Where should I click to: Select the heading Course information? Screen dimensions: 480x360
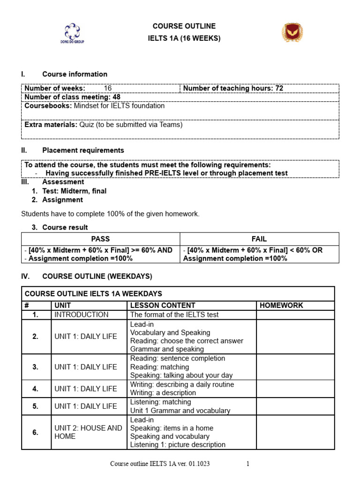75,74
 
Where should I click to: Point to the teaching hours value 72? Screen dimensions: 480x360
279,88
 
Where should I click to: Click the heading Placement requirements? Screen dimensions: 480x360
83,150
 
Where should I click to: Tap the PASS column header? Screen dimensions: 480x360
100,239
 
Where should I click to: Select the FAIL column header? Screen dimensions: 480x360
259,239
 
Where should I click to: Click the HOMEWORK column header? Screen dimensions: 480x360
281,305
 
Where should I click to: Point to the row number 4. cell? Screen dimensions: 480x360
36,389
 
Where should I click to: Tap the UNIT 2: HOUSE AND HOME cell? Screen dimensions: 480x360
88,432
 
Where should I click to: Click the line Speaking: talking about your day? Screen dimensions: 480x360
181,375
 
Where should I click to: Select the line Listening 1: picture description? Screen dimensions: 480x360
178,444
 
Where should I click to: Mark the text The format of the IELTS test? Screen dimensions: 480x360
174,315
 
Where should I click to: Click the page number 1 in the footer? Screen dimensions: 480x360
248,464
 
